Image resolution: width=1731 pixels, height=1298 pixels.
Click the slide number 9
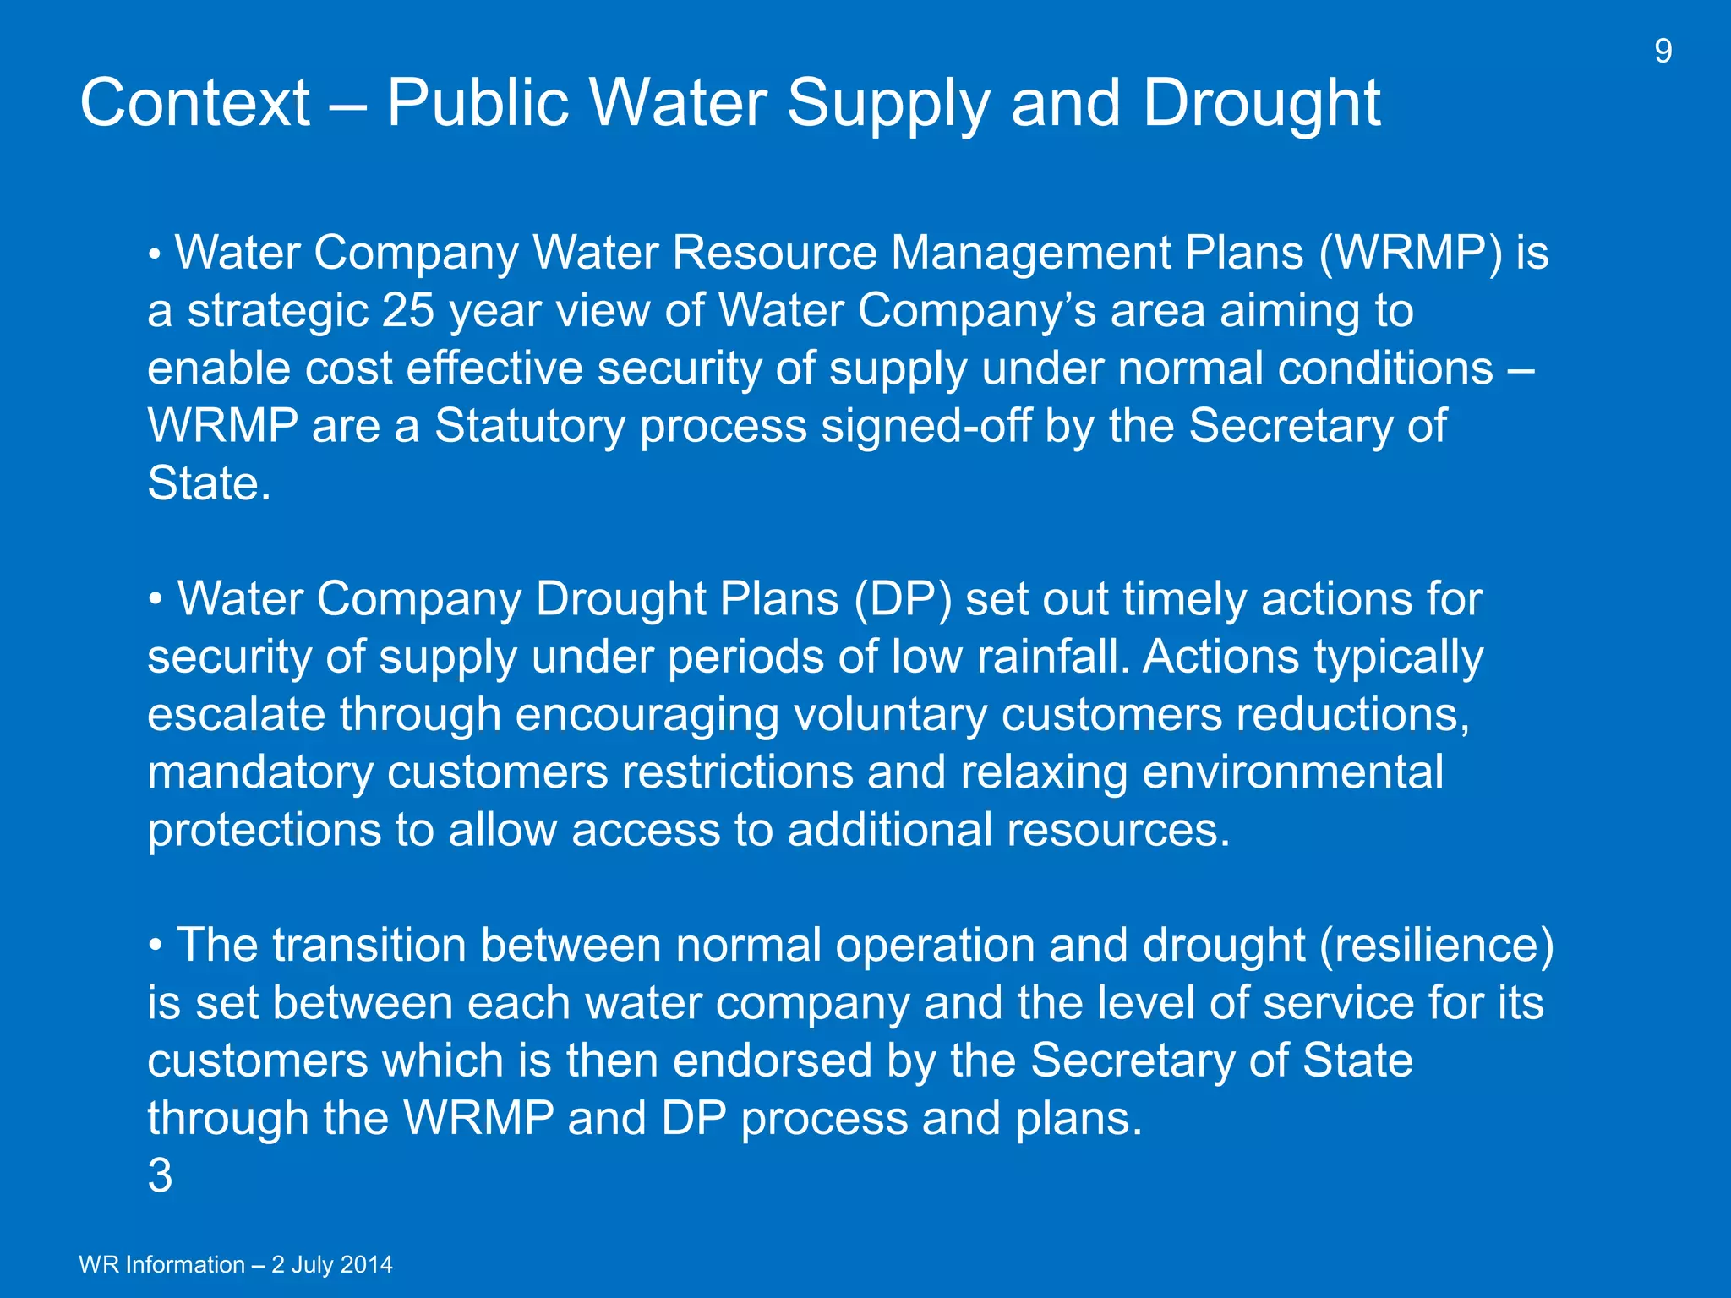point(1663,52)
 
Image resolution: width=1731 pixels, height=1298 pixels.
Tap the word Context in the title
point(195,103)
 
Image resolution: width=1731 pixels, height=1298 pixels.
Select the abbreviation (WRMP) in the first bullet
point(1411,253)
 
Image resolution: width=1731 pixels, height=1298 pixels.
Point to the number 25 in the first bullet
point(408,310)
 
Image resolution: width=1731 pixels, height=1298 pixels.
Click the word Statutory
point(530,425)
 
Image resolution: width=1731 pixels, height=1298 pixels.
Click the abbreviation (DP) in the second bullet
point(903,599)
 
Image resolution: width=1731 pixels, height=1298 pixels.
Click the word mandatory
point(260,772)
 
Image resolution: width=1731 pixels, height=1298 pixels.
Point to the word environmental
point(1292,772)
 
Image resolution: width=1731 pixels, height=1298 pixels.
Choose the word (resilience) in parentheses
point(1437,945)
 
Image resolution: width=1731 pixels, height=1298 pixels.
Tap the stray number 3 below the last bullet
point(160,1175)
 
